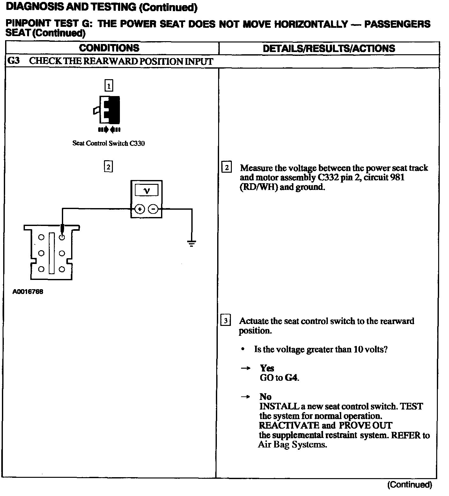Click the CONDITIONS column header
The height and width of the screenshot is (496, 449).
pyautogui.click(x=109, y=48)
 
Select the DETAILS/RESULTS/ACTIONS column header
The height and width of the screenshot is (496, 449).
pyautogui.click(x=329, y=49)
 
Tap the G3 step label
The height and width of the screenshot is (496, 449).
pyautogui.click(x=13, y=61)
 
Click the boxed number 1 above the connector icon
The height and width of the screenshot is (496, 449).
pyautogui.click(x=109, y=86)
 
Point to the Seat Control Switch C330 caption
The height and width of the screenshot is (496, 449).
pyautogui.click(x=108, y=143)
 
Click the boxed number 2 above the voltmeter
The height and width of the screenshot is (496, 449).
pyautogui.click(x=108, y=167)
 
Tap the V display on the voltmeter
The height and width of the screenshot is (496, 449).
pyautogui.click(x=146, y=191)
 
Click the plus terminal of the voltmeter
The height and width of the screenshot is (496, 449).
pyautogui.click(x=140, y=209)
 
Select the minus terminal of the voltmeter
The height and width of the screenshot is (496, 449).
pyautogui.click(x=153, y=209)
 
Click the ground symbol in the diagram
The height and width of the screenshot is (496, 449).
pyautogui.click(x=192, y=244)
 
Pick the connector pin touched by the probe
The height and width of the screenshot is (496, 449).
pyautogui.click(x=62, y=237)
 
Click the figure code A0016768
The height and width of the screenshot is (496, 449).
pyautogui.click(x=28, y=292)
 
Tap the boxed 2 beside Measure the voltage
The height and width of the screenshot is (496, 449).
pyautogui.click(x=226, y=168)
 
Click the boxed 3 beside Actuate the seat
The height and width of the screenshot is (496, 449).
pyautogui.click(x=225, y=320)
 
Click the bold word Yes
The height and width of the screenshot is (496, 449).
pyautogui.click(x=267, y=368)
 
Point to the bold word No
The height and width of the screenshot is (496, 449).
pyautogui.click(x=265, y=397)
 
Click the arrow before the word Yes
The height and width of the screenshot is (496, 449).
pyautogui.click(x=245, y=368)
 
